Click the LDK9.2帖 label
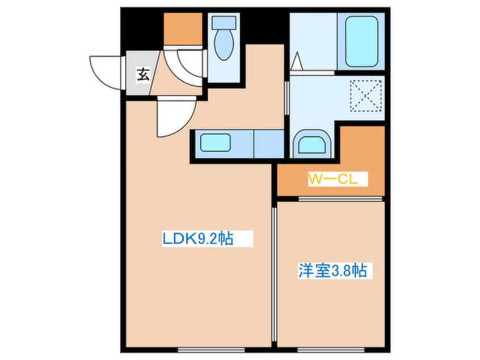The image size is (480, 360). (x=197, y=239)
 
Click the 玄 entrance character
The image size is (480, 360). (x=143, y=74)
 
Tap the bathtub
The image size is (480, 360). (x=361, y=41)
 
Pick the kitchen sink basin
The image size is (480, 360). (x=215, y=143)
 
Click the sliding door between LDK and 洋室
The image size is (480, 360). (x=274, y=273)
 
